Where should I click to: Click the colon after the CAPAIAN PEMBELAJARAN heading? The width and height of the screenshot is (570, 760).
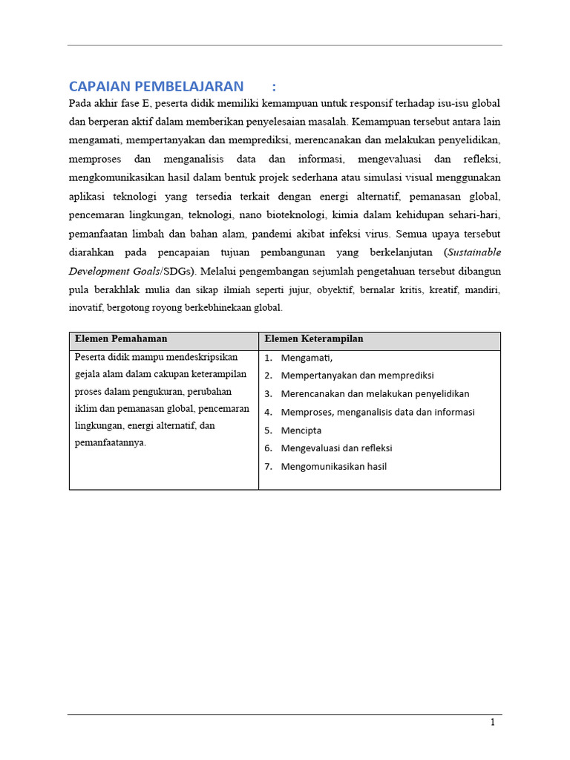click(x=275, y=86)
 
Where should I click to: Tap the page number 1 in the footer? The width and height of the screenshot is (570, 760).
click(x=492, y=722)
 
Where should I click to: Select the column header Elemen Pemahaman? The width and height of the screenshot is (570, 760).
click(x=121, y=339)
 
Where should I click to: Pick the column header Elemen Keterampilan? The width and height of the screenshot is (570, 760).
click(x=314, y=339)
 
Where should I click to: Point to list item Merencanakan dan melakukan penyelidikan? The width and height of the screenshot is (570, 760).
click(x=375, y=394)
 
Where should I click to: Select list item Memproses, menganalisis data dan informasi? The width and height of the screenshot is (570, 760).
click(x=378, y=412)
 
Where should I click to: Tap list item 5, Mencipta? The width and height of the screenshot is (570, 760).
click(x=301, y=430)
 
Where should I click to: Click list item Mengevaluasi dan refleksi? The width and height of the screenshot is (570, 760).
click(x=336, y=448)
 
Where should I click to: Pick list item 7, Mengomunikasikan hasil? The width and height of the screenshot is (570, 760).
click(x=334, y=467)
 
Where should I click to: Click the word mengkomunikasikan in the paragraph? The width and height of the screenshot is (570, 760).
click(x=114, y=178)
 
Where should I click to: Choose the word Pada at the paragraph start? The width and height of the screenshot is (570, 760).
click(x=80, y=102)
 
